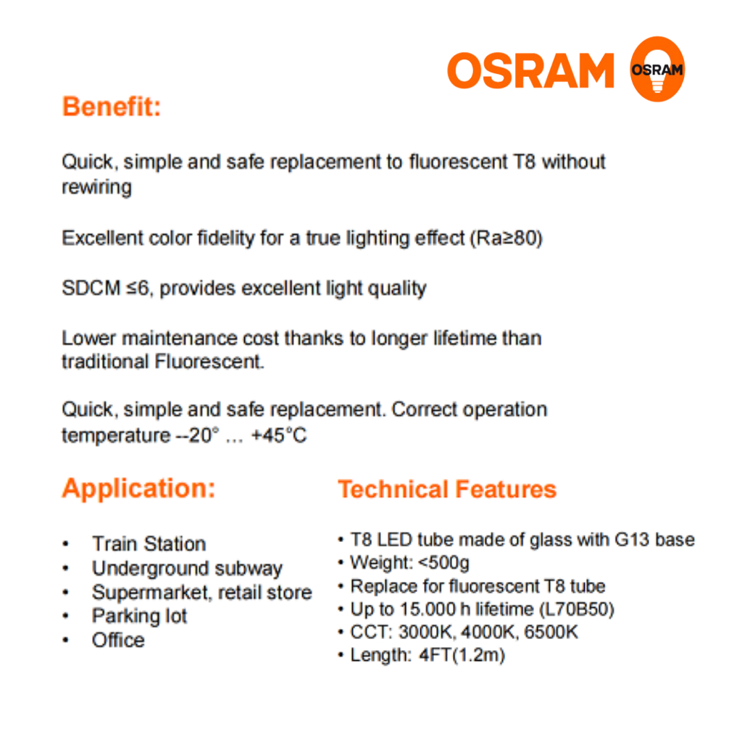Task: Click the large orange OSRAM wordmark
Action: [530, 70]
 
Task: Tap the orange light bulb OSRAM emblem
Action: [657, 69]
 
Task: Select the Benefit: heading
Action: [112, 107]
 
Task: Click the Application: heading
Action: [138, 488]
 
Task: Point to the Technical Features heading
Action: [447, 489]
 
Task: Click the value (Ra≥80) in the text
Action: [506, 238]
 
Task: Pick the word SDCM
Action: [91, 288]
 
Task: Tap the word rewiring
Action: [96, 188]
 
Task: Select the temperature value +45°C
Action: [279, 435]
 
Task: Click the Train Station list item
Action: [149, 543]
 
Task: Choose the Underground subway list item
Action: [188, 568]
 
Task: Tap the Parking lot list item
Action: [140, 616]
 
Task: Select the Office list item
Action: [118, 641]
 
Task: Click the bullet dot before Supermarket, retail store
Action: [66, 593]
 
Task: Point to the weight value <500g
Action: [444, 562]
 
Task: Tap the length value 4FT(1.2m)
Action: [462, 655]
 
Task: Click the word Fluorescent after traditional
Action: [209, 362]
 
